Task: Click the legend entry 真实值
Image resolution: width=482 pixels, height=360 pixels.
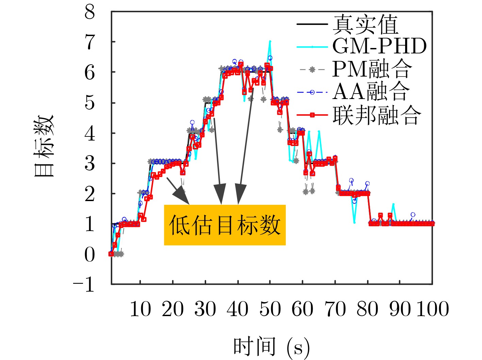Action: [365, 24]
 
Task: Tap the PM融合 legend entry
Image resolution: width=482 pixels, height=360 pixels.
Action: [372, 69]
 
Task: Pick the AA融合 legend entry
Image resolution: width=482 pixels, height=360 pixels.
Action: [371, 92]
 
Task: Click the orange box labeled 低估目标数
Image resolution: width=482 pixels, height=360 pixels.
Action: [225, 225]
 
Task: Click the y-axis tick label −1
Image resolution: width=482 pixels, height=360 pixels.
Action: [84, 284]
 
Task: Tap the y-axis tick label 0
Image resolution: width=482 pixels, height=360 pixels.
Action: [89, 254]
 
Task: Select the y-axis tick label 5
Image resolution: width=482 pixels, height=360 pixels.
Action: [89, 103]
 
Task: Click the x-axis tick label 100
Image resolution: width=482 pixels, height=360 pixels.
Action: [433, 309]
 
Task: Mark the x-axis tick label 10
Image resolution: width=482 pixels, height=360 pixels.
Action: [140, 309]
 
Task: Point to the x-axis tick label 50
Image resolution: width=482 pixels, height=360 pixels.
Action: [270, 309]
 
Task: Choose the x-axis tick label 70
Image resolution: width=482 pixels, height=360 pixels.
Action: [335, 309]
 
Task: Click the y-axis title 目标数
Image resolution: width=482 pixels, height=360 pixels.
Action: [44, 146]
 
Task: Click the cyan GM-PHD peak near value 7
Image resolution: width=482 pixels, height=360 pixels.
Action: [270, 41]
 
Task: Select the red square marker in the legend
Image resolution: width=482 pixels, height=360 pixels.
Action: [312, 115]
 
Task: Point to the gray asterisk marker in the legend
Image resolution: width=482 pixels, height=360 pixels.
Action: [312, 69]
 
